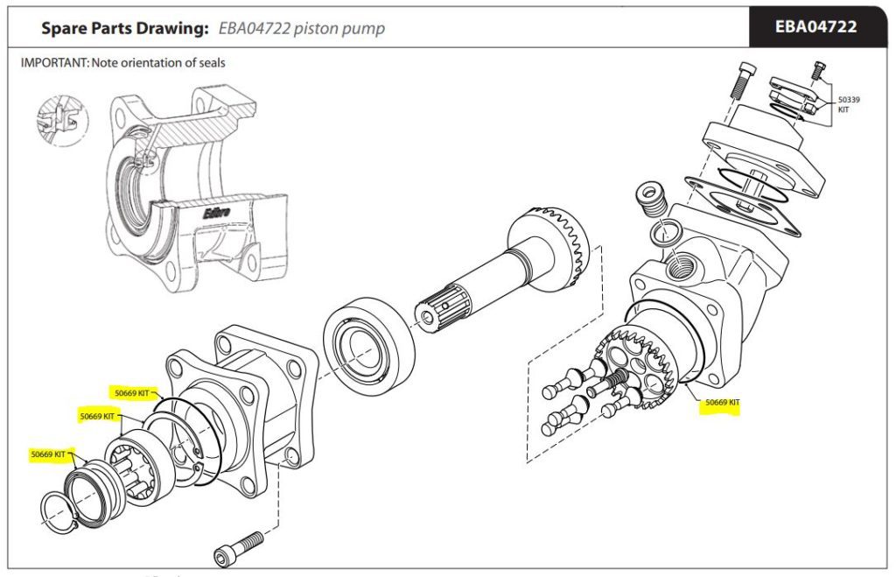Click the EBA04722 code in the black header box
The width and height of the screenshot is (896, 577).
click(815, 27)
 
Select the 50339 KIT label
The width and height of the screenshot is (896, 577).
click(848, 104)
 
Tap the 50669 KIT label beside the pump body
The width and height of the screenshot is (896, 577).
click(722, 403)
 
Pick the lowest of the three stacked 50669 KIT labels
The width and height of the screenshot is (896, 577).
click(48, 454)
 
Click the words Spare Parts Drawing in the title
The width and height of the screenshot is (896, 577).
click(122, 28)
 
